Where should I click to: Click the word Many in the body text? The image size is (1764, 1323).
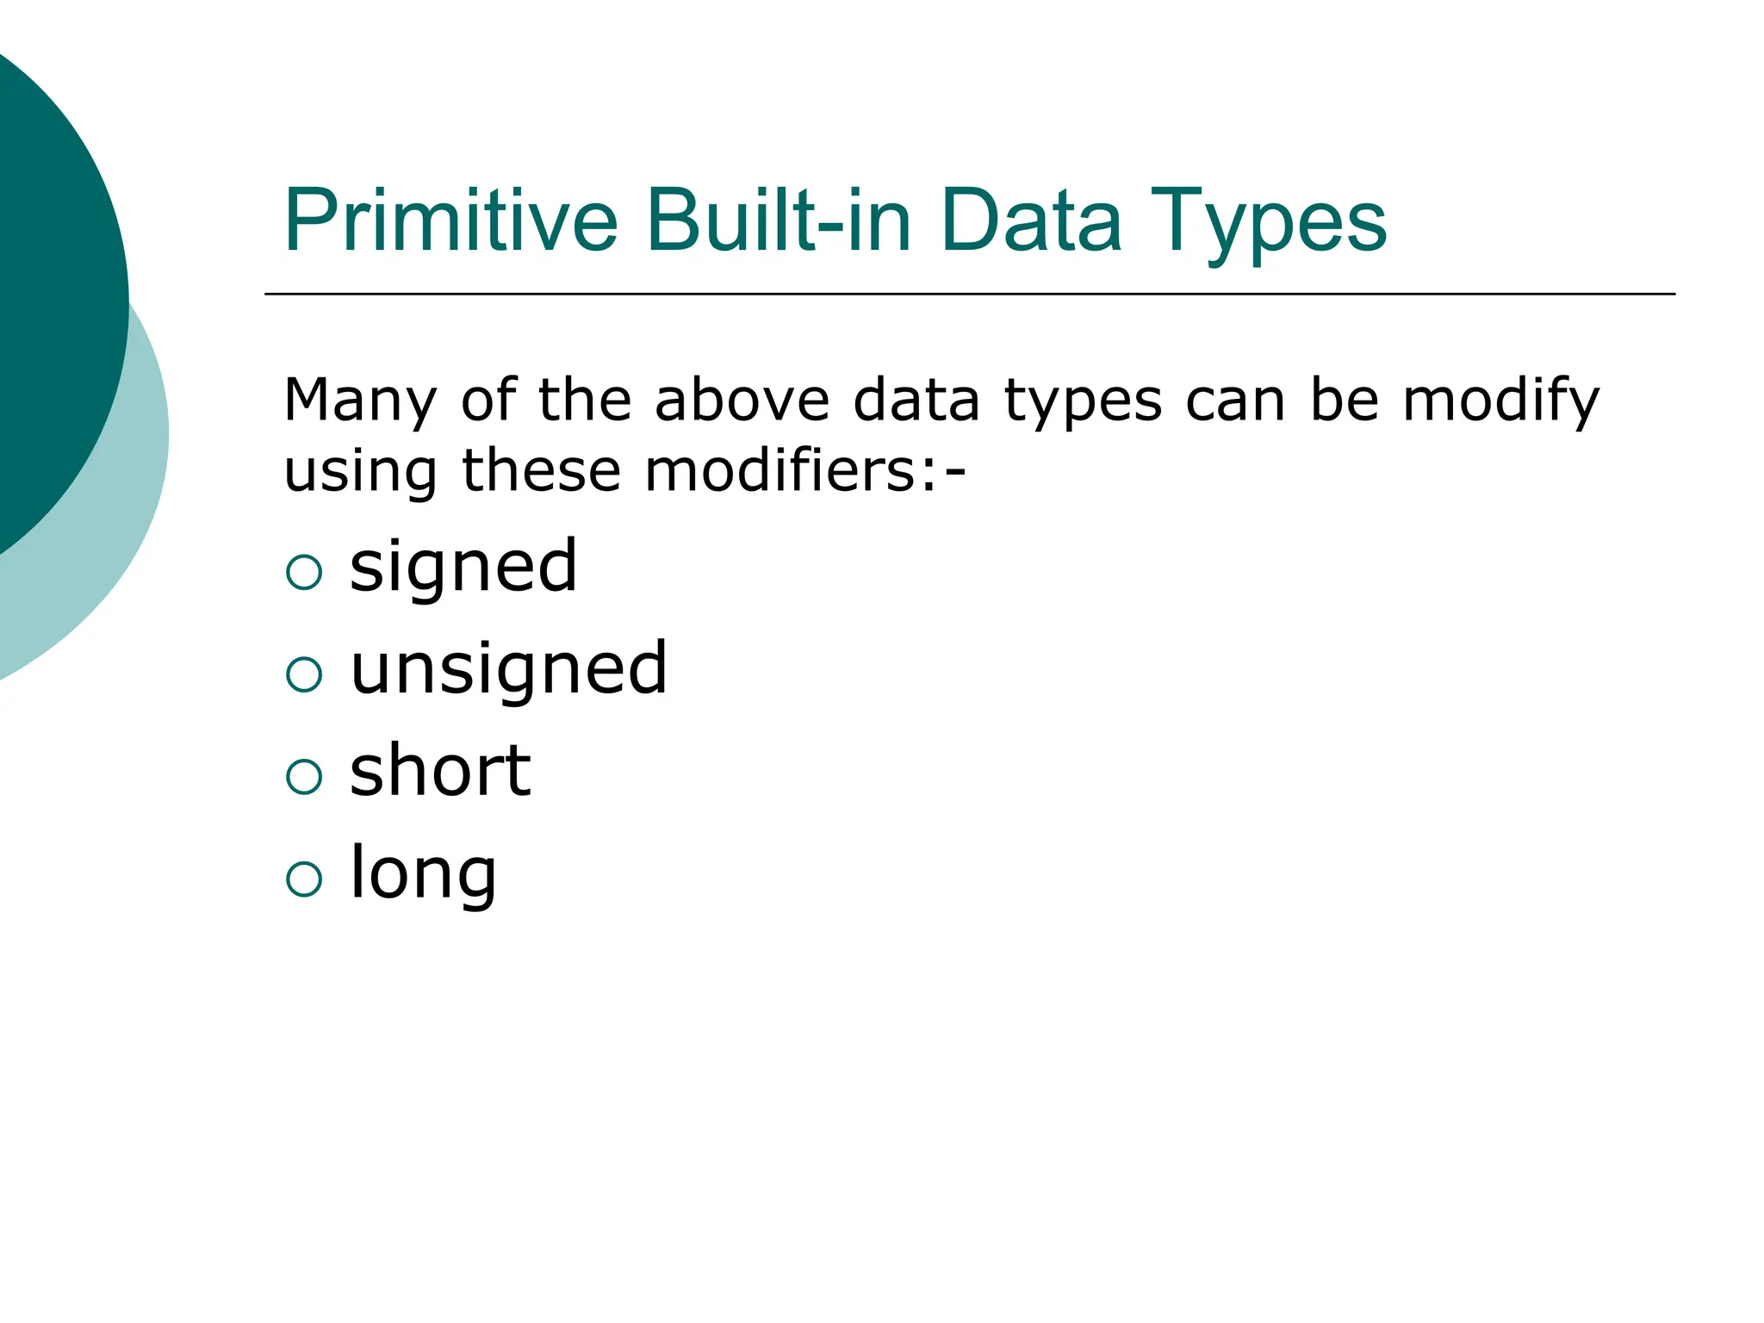(x=361, y=402)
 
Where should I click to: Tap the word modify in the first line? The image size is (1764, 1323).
(x=1500, y=402)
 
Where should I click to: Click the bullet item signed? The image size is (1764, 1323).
(x=463, y=568)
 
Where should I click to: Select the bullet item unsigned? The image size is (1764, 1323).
(x=509, y=670)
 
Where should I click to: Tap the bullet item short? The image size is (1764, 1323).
(x=440, y=770)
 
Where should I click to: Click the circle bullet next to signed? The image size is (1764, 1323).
(x=303, y=572)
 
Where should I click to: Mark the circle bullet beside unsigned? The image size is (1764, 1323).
(x=303, y=674)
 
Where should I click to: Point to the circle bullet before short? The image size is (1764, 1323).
(x=303, y=777)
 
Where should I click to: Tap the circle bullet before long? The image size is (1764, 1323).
(x=303, y=879)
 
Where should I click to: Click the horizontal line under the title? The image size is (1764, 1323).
(x=969, y=294)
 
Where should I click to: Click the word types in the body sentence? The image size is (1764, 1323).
(x=1083, y=402)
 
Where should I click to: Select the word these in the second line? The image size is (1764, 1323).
(x=541, y=471)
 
